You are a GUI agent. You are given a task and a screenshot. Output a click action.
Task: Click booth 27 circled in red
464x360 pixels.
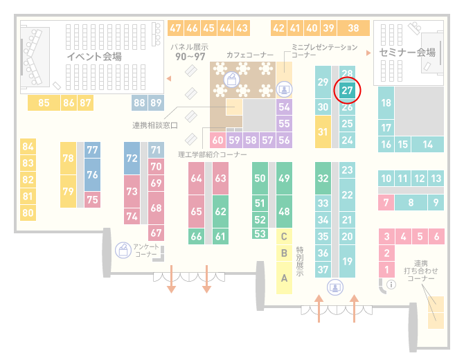(x=347, y=91)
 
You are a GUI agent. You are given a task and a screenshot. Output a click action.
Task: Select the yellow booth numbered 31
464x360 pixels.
(x=323, y=132)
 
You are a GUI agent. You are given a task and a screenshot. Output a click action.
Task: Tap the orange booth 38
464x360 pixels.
(x=354, y=28)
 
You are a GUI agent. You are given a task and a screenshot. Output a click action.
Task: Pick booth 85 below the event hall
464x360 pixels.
(x=44, y=103)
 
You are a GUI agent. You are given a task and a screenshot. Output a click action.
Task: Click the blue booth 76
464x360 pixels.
(x=92, y=174)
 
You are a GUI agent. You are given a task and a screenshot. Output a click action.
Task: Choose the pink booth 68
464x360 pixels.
(x=156, y=208)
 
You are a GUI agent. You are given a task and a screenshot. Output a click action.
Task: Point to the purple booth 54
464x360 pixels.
(x=284, y=107)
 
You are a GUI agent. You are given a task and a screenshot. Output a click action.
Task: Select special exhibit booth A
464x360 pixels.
(x=284, y=278)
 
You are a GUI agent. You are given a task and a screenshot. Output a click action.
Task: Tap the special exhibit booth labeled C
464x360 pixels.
(x=284, y=236)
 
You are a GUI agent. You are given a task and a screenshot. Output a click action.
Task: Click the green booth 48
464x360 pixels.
(x=284, y=212)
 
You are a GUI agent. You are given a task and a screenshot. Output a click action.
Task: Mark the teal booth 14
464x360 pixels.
(x=427, y=145)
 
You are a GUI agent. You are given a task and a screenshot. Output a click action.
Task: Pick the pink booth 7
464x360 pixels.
(x=386, y=203)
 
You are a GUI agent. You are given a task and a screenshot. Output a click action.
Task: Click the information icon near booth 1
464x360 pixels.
(x=391, y=285)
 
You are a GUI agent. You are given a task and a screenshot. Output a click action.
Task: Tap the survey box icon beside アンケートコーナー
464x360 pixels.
(x=123, y=250)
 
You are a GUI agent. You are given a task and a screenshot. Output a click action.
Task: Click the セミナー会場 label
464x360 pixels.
(x=407, y=53)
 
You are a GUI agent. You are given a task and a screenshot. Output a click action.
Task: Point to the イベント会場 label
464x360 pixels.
(x=94, y=57)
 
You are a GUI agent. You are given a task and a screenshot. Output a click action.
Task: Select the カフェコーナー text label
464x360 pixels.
(x=250, y=55)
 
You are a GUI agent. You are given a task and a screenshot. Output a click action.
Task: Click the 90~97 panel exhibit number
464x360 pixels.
(x=190, y=57)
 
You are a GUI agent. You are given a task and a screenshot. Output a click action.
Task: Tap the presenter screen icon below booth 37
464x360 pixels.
(x=335, y=287)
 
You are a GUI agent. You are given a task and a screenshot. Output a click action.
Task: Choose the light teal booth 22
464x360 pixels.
(x=347, y=195)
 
